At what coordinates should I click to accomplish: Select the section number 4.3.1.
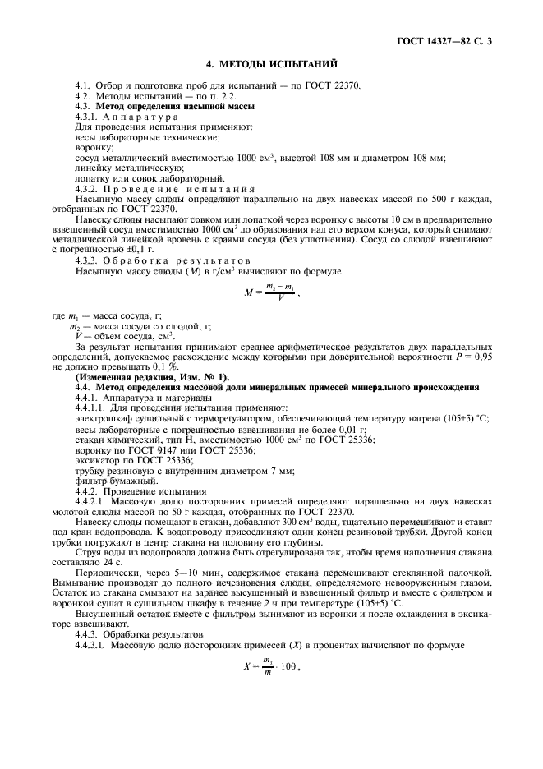(89, 117)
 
